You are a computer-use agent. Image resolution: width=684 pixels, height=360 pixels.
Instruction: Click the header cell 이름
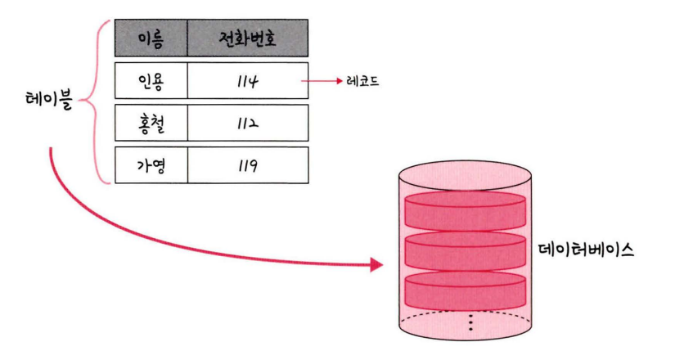tap(151, 38)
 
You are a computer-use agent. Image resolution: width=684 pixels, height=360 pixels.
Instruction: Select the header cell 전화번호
tap(248, 38)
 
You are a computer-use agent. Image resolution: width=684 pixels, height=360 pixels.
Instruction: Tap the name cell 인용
tap(151, 82)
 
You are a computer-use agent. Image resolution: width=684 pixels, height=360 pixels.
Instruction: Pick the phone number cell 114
tap(248, 82)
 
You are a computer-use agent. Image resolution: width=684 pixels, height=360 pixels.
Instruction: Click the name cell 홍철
tap(151, 124)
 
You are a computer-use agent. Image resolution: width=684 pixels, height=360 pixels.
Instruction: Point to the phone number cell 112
tap(248, 124)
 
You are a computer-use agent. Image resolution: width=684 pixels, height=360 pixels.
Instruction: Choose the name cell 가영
tap(151, 166)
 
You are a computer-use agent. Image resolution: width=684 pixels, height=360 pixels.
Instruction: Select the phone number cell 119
tap(248, 166)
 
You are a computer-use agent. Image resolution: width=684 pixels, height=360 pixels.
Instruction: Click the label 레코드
tap(362, 83)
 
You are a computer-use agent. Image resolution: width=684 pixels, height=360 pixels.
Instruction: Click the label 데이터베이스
tap(588, 249)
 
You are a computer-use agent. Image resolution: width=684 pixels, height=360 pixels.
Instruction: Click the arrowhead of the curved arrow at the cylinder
tap(376, 264)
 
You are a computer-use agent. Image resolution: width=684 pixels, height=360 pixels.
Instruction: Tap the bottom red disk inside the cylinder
tap(465, 288)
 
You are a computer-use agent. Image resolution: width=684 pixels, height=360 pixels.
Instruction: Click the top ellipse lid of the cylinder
tap(465, 175)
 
